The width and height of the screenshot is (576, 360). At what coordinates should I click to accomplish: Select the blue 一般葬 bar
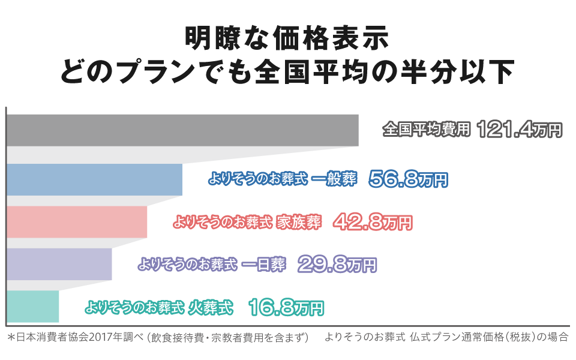(94, 179)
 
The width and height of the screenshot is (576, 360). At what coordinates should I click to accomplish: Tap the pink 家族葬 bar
(77, 221)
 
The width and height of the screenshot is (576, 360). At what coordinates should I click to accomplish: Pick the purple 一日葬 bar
(59, 263)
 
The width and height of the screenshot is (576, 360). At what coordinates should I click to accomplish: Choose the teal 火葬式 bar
(32, 306)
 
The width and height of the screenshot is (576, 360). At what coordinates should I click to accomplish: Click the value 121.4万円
(520, 130)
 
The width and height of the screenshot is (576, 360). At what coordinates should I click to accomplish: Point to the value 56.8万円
(408, 179)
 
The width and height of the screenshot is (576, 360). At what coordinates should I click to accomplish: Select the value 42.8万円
(372, 222)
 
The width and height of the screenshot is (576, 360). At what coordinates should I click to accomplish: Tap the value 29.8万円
(336, 264)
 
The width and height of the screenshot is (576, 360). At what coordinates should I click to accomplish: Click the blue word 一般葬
(335, 179)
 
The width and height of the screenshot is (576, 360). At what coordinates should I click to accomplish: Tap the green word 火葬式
(210, 307)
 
